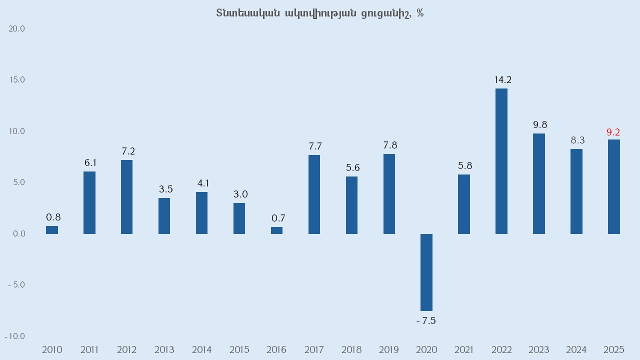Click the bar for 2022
pyautogui.click(x=501, y=161)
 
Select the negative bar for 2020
pyautogui.click(x=426, y=272)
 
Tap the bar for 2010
pyautogui.click(x=52, y=230)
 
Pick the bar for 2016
pyautogui.click(x=276, y=230)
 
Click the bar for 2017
pyautogui.click(x=314, y=194)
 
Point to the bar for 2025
pyautogui.click(x=613, y=186)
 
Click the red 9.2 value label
pyautogui.click(x=613, y=132)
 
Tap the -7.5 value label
pyautogui.click(x=426, y=321)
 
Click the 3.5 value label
pyautogui.click(x=165, y=189)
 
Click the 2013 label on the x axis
pyautogui.click(x=164, y=349)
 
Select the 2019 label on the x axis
pyautogui.click(x=389, y=349)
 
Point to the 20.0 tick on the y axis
pyautogui.click(x=17, y=29)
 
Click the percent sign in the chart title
pyautogui.click(x=420, y=13)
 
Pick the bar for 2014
pyautogui.click(x=201, y=213)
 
